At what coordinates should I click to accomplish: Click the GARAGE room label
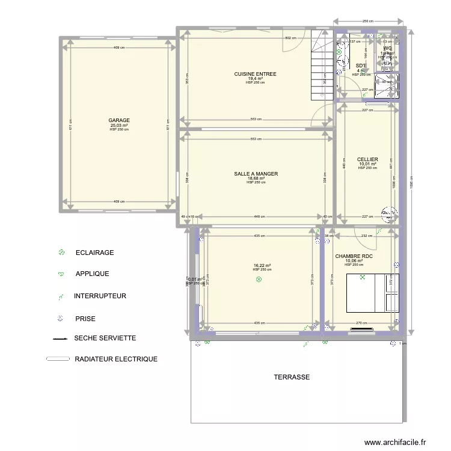[x=119, y=120]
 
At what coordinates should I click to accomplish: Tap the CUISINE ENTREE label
[x=256, y=74]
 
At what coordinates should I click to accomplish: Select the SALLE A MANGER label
[x=256, y=174]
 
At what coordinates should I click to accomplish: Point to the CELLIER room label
[x=367, y=160]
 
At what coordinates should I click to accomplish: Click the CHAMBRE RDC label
[x=354, y=256]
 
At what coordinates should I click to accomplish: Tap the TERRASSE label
[x=292, y=377]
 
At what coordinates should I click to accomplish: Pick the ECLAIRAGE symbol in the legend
[x=61, y=253]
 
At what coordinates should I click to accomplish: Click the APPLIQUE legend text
[x=92, y=274]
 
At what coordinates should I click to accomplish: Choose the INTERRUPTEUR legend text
[x=100, y=296]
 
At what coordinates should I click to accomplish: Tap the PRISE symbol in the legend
[x=60, y=319]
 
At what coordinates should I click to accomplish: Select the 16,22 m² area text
[x=262, y=265]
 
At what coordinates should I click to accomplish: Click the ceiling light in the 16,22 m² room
[x=259, y=280]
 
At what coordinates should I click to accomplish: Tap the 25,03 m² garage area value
[x=119, y=125]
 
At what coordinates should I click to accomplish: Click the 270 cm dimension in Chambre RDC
[x=361, y=323]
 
